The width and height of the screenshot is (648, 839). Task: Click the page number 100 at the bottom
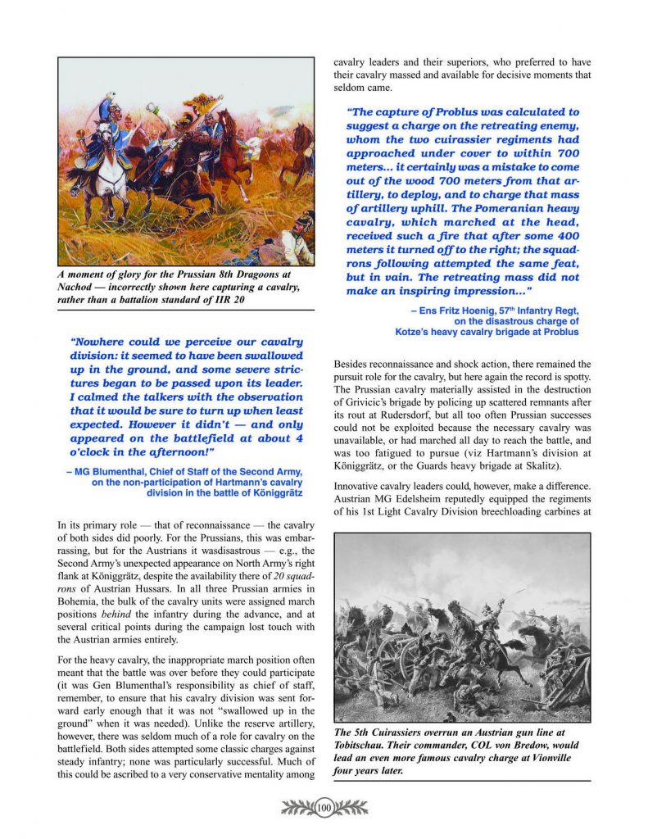[323, 808]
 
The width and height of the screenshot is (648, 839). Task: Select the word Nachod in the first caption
[77, 287]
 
